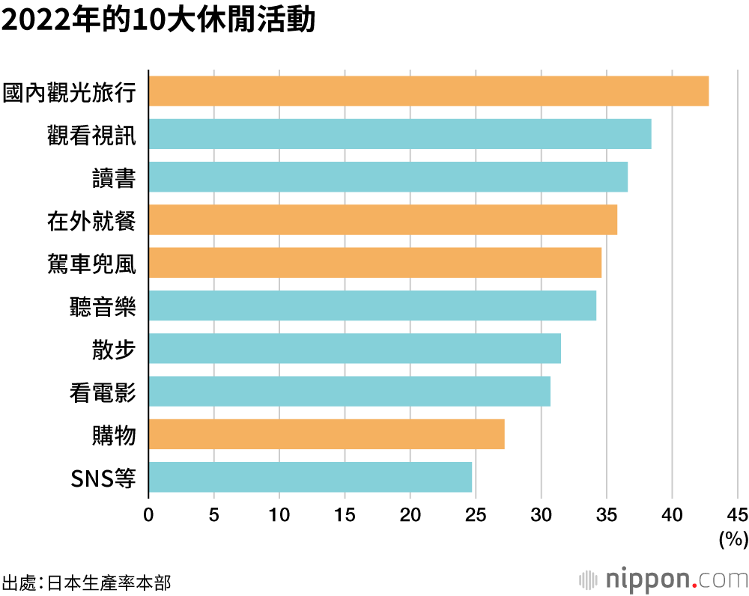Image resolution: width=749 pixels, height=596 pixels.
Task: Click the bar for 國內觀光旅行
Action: pos(428,91)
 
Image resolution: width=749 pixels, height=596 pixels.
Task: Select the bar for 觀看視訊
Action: pos(400,134)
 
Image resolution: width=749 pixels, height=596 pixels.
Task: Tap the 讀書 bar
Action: pos(388,177)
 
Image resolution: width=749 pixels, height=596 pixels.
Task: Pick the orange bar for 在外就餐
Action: pos(383,219)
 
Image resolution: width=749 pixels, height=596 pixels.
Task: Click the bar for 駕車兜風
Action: pos(374,262)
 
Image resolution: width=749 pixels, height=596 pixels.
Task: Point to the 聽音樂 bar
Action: pos(372,305)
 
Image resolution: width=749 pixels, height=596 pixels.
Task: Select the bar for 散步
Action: pos(354,348)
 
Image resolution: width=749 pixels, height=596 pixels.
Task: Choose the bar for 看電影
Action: pos(349,391)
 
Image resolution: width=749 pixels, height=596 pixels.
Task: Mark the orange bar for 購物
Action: pos(327,434)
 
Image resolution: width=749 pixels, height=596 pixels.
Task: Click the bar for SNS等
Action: pos(310,477)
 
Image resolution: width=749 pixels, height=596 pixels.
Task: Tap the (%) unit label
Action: pos(733,538)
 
